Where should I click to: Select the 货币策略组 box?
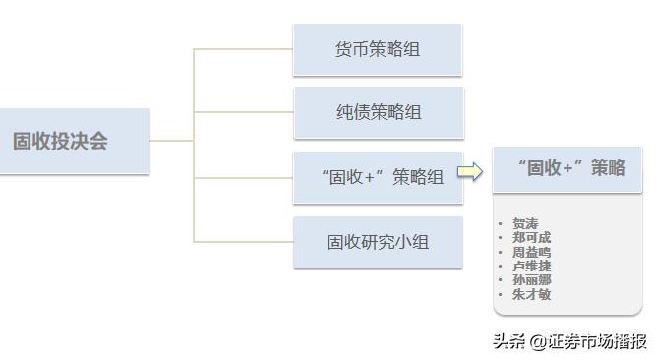coord(378,49)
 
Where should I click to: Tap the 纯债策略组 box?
coord(378,112)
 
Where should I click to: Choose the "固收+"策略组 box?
coord(378,177)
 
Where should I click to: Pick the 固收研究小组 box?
coord(378,242)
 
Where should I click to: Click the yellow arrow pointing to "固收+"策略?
coord(472,173)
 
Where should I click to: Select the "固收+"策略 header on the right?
coord(567,168)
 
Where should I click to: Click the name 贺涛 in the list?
coord(525,224)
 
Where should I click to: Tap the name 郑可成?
coord(531,238)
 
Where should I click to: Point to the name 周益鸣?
coord(531,252)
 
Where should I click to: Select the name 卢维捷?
coord(531,266)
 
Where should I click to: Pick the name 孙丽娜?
coord(531,279)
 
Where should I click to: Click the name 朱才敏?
coord(531,293)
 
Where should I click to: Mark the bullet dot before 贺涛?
coord(501,224)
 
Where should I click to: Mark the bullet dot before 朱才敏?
coord(501,293)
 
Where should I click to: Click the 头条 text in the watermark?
coord(508,342)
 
